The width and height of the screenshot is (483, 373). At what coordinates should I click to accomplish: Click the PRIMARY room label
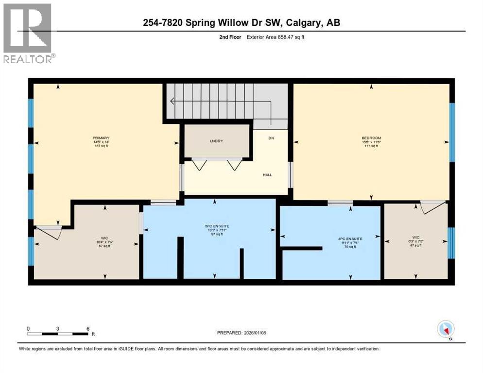point(101,138)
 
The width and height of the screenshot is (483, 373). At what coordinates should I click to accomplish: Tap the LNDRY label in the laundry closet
point(217,141)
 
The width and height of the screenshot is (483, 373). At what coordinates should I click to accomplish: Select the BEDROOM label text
point(371,138)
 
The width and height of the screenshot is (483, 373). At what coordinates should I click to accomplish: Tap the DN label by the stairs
point(271,138)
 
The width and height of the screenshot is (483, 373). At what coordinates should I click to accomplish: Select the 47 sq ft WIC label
point(415,238)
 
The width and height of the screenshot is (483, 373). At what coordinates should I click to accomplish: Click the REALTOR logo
point(28,33)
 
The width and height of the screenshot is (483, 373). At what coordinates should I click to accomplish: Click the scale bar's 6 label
point(88,328)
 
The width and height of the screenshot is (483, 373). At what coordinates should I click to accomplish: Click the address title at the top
point(241,22)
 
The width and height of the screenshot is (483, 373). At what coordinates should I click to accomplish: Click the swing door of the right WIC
point(432,206)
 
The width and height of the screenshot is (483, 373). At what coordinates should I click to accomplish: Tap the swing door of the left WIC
point(50,232)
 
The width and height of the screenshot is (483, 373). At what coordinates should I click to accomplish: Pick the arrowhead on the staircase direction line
point(172,102)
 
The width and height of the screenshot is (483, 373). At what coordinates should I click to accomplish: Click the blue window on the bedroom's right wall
point(451,132)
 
